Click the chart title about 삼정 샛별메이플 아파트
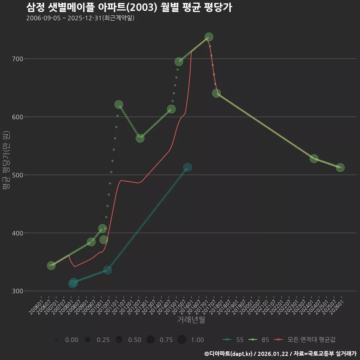(129, 7)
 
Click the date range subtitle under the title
(80, 18)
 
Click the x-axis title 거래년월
(191, 320)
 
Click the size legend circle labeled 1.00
(182, 340)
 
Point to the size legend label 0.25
(103, 340)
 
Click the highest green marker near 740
(209, 37)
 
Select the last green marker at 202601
(340, 168)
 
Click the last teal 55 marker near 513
(187, 167)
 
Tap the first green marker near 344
(51, 265)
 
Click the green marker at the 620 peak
(118, 105)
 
